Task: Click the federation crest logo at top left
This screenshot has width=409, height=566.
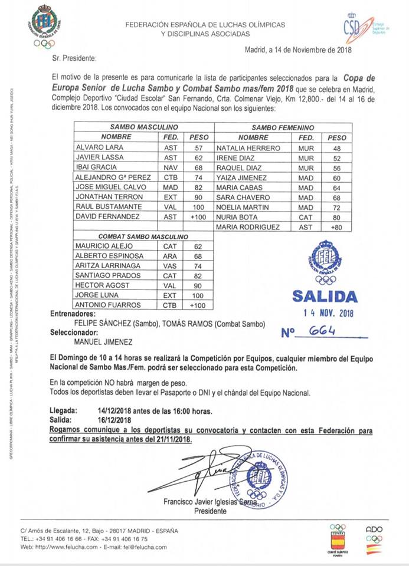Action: tap(44, 26)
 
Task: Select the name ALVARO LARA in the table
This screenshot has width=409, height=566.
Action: tap(94, 147)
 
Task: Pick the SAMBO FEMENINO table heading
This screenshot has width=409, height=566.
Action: tap(283, 127)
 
